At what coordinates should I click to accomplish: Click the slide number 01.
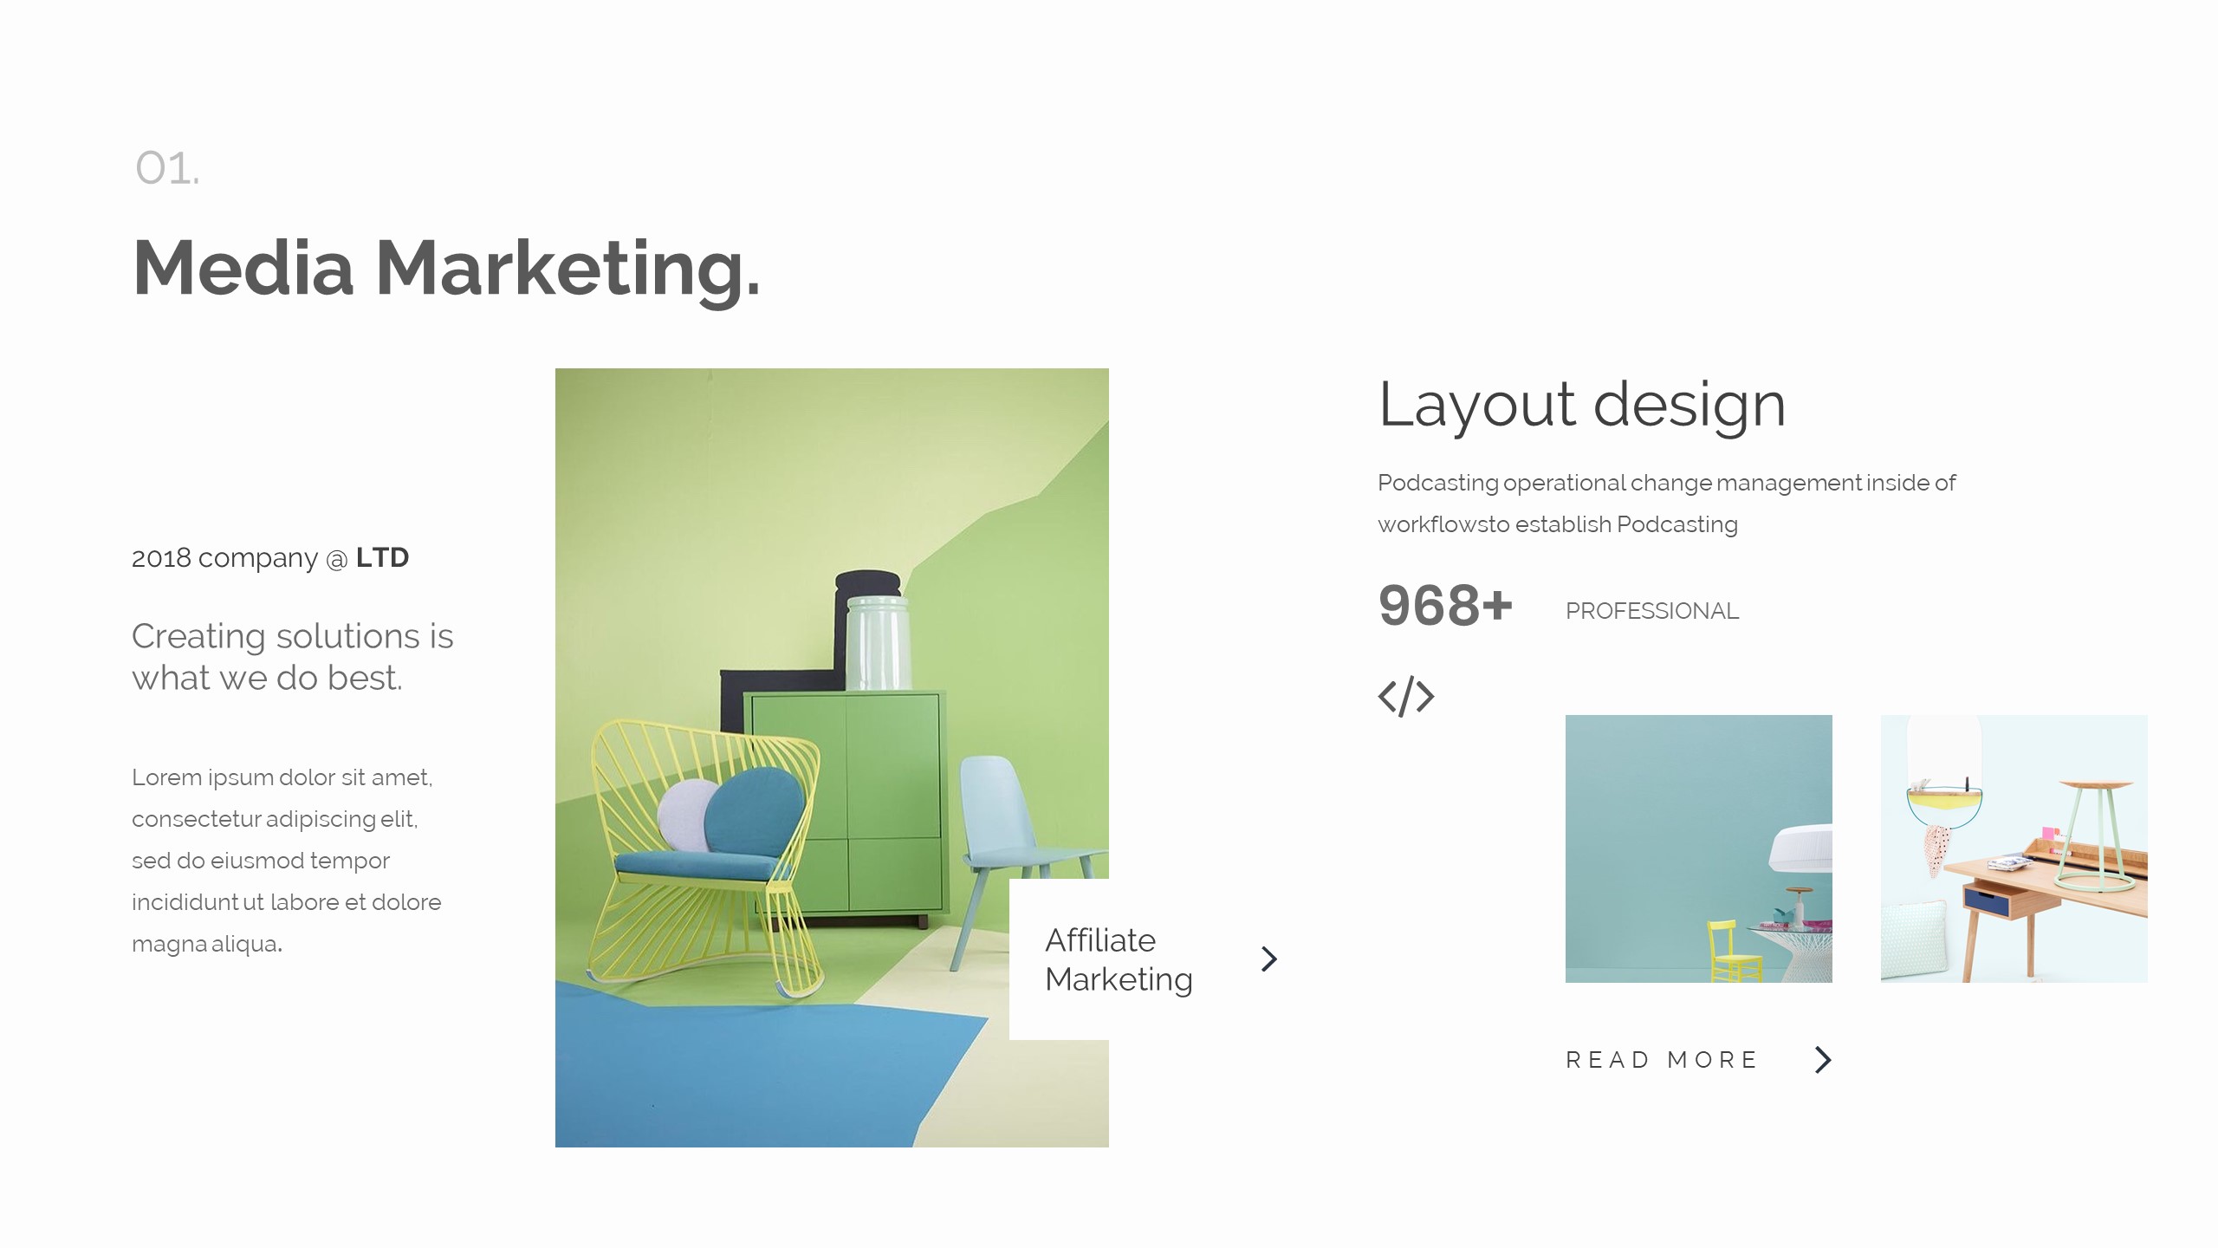[x=166, y=168]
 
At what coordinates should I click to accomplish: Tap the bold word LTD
[x=382, y=557]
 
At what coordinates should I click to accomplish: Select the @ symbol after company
[x=336, y=560]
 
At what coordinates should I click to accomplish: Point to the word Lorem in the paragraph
[x=166, y=777]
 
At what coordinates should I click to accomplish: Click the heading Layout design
[x=1581, y=405]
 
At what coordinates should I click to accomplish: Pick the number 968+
[x=1444, y=606]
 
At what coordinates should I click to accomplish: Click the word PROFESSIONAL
[x=1651, y=611]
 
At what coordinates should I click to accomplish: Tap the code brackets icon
[x=1405, y=696]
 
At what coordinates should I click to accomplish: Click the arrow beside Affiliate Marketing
[x=1269, y=959]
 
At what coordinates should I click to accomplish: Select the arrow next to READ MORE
[x=1823, y=1059]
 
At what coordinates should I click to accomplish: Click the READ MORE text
[x=1661, y=1060]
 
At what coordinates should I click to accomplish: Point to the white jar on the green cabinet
[x=878, y=642]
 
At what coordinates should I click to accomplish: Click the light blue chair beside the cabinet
[x=1005, y=823]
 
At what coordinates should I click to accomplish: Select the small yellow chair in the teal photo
[x=1733, y=953]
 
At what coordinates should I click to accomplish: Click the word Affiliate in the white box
[x=1099, y=940]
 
